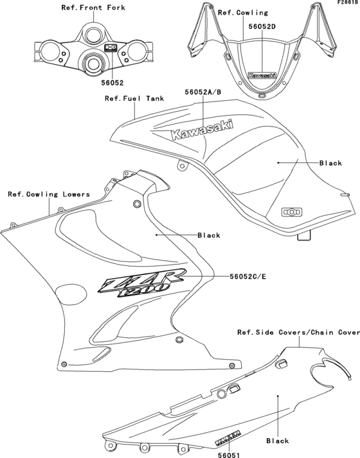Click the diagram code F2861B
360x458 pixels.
point(346,3)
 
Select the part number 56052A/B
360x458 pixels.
point(203,92)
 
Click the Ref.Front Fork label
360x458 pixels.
point(93,7)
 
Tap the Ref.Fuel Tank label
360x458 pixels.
point(134,99)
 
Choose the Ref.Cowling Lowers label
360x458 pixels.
point(48,193)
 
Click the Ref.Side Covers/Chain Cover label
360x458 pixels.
point(298,332)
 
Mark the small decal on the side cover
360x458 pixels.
point(224,435)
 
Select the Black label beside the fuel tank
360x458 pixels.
point(330,163)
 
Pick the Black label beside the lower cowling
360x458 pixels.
point(209,235)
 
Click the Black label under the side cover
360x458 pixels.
point(277,441)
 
